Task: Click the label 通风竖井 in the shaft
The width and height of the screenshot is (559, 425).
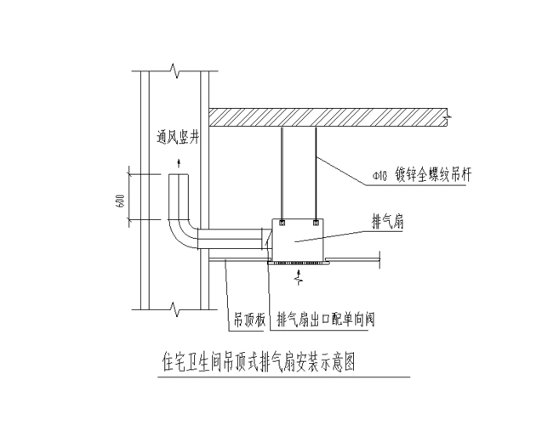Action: pos(178,136)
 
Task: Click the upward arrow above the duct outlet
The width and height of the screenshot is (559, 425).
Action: pos(178,161)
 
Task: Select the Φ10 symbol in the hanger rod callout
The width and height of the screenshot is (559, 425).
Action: pos(379,177)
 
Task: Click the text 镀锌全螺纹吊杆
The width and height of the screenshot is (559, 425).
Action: pos(436,176)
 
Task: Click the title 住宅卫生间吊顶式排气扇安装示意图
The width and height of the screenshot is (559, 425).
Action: pos(256,360)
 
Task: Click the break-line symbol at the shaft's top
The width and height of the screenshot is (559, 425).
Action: pos(174,67)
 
